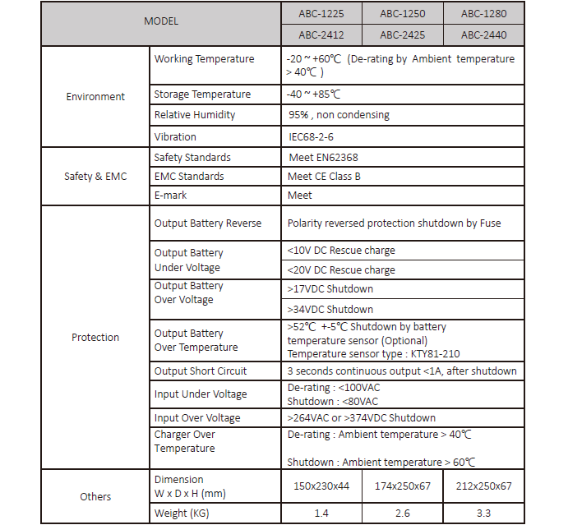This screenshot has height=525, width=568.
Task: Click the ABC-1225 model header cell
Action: tap(321, 13)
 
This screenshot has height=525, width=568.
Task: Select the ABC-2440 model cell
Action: tap(483, 35)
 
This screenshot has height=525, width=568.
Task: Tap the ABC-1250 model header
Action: tap(402, 13)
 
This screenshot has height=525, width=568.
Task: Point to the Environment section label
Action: tap(95, 96)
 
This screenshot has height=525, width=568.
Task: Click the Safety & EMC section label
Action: tap(95, 176)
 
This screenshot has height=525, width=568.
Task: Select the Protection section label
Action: tap(95, 337)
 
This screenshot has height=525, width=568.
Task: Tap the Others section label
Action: tap(95, 496)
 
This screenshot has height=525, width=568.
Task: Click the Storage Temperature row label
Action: tap(202, 94)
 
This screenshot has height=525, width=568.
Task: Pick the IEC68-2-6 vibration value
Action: tap(311, 136)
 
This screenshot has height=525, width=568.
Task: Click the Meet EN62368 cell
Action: tap(323, 157)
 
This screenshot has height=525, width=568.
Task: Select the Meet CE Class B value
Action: tap(324, 176)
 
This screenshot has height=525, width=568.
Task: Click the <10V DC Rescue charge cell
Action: tap(341, 250)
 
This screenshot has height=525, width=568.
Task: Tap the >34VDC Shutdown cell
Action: tap(330, 309)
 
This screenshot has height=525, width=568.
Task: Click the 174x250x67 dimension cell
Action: tap(402, 486)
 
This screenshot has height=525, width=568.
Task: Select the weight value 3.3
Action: tap(483, 513)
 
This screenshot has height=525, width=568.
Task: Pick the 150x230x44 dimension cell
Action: tap(321, 486)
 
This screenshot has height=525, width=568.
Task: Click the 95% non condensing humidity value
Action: tap(339, 115)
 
